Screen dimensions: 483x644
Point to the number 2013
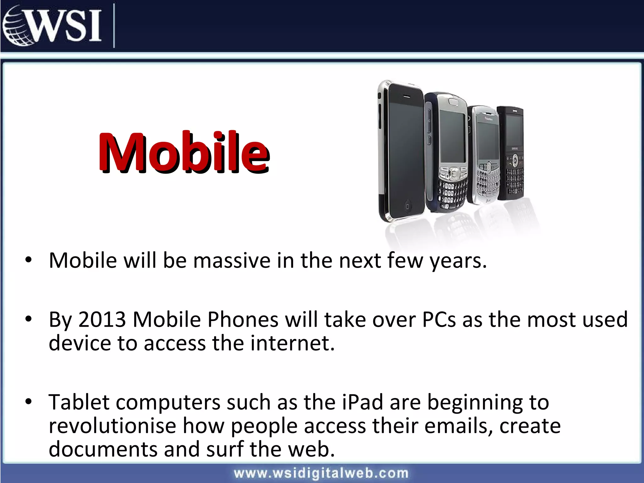[x=102, y=319]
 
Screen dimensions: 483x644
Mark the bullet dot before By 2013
[x=29, y=319]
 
